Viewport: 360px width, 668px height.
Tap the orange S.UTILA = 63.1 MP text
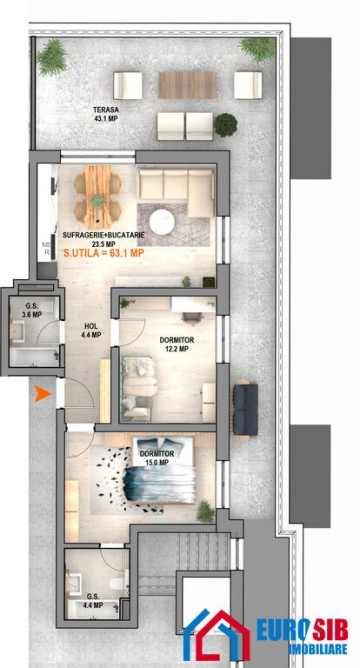click(103, 253)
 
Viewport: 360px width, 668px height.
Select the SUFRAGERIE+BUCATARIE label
click(103, 235)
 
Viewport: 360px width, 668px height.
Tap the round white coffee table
click(164, 220)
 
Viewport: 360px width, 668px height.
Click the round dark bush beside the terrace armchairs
click(226, 125)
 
